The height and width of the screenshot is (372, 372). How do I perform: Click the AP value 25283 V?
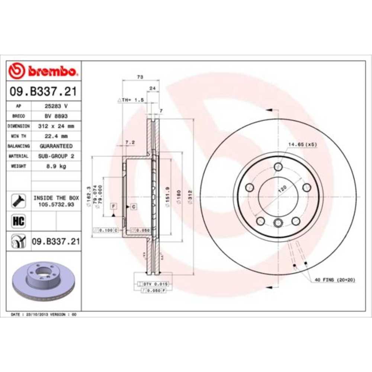[56, 106]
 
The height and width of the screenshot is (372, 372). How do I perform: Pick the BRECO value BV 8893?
[56, 116]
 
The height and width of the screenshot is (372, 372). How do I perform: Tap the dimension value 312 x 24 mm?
[56, 126]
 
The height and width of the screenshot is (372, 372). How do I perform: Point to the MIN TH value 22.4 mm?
[56, 136]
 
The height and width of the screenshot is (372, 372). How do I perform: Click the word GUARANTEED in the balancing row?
[56, 146]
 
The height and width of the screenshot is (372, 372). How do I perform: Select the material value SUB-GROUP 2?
[56, 156]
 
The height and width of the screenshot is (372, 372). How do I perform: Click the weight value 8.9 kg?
[56, 166]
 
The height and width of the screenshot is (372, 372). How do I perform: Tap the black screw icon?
[18, 201]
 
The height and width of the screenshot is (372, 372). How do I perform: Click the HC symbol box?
[18, 221]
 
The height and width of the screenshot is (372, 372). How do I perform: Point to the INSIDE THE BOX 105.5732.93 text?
[56, 201]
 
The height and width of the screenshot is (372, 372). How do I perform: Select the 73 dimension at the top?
[140, 77]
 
